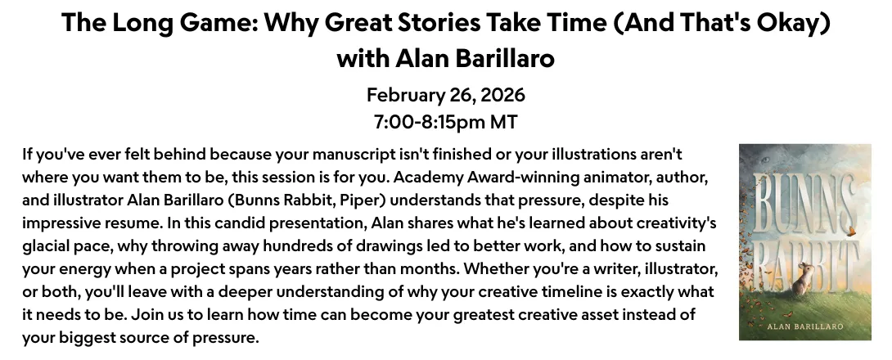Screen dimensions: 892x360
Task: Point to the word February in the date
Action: (404, 95)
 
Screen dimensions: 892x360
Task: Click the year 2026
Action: (503, 95)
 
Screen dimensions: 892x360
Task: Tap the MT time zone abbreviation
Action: (504, 122)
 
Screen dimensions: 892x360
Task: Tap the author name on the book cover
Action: (805, 326)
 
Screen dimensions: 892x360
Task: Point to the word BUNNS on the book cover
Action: (804, 203)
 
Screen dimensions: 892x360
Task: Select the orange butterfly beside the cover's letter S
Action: (852, 231)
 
